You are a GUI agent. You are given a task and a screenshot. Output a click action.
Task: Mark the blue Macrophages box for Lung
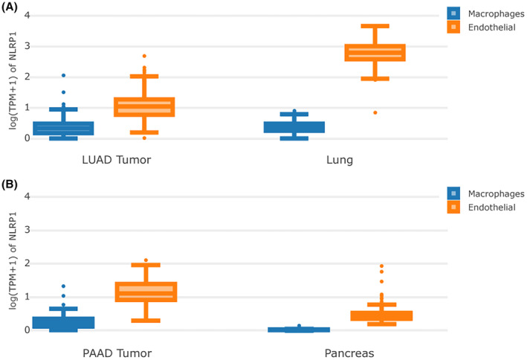pos(294,127)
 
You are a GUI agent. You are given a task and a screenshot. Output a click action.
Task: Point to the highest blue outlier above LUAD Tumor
pos(63,75)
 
